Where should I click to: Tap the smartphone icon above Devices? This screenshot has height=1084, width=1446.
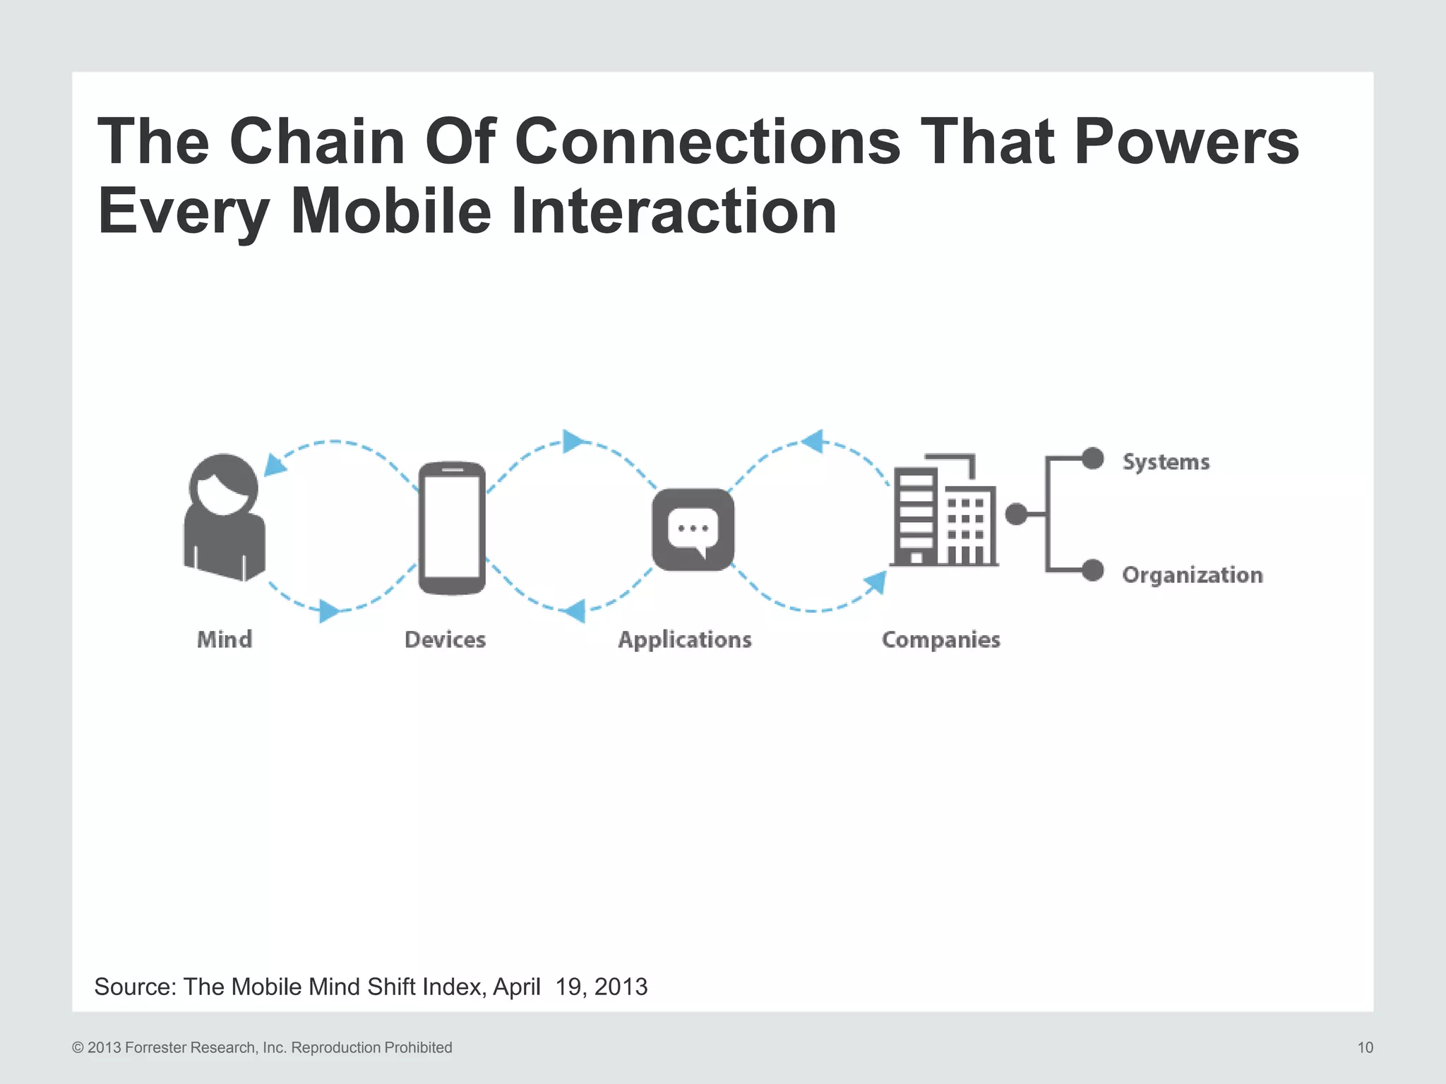click(452, 529)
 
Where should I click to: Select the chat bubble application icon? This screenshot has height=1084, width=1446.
click(693, 530)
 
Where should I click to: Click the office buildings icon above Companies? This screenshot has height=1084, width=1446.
click(943, 511)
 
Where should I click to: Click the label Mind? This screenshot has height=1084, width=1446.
click(225, 639)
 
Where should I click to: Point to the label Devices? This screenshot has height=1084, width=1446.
click(445, 639)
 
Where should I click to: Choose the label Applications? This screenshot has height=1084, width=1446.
click(685, 639)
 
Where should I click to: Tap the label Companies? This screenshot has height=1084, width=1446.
click(940, 639)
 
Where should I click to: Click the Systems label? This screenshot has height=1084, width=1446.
click(1166, 462)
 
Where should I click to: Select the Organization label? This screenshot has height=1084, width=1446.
click(1192, 575)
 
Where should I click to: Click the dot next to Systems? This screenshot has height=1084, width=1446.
click(1092, 459)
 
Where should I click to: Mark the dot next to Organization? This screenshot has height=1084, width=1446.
click(1092, 570)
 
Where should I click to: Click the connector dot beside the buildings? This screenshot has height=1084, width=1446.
click(1016, 514)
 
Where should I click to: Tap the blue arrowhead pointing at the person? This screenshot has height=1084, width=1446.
click(273, 466)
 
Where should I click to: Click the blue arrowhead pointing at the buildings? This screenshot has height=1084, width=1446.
click(876, 582)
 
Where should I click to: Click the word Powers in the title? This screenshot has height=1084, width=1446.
click(1186, 141)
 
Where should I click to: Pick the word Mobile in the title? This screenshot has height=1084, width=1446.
click(390, 211)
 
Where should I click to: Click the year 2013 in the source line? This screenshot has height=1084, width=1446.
click(621, 987)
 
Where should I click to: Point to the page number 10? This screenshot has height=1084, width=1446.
click(1365, 1047)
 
